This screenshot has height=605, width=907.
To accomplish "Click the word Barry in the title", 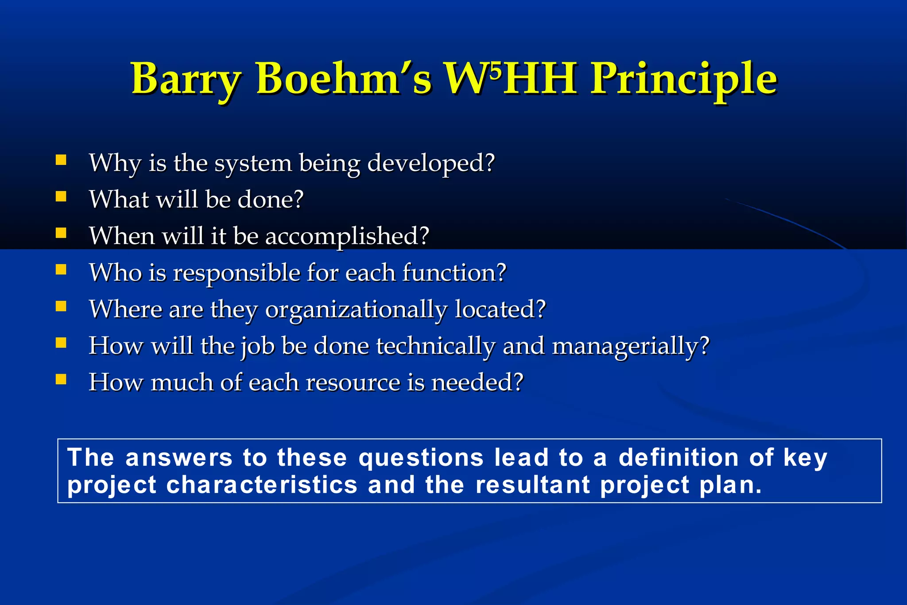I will click(x=186, y=80).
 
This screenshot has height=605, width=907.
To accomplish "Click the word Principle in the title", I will click(x=684, y=80).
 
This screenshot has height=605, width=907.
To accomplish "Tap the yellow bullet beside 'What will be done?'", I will click(x=61, y=196).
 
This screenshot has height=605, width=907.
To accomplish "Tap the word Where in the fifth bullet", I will click(x=125, y=309).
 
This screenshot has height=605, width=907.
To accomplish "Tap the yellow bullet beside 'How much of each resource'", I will click(x=61, y=379).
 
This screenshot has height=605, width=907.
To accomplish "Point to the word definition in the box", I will click(x=678, y=457).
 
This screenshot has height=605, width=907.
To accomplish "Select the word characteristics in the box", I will click(x=262, y=485).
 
